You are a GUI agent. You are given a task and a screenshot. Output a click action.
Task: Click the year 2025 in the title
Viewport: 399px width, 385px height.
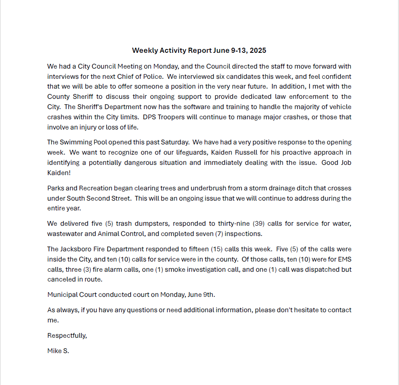[x=258, y=50]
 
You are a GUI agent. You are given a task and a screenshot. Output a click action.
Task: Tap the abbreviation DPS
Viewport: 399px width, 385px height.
[x=234, y=117]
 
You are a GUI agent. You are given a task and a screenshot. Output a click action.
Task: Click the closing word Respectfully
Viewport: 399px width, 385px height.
[x=67, y=336]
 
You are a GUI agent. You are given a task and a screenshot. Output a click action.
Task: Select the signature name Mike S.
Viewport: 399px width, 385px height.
[x=58, y=351]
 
